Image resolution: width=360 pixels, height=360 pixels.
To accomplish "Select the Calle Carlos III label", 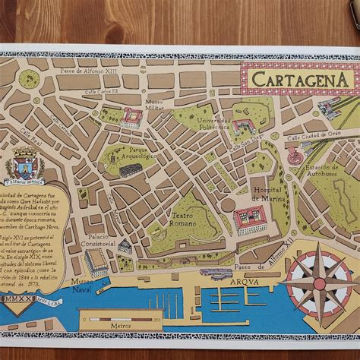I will pyautogui.click(x=102, y=91).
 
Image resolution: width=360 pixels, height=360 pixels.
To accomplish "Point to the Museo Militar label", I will pyautogui.click(x=154, y=104).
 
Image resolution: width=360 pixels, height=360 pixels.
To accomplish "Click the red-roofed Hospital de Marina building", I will pyautogui.click(x=251, y=218).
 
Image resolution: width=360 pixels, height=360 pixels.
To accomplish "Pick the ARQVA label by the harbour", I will pyautogui.click(x=226, y=281).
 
